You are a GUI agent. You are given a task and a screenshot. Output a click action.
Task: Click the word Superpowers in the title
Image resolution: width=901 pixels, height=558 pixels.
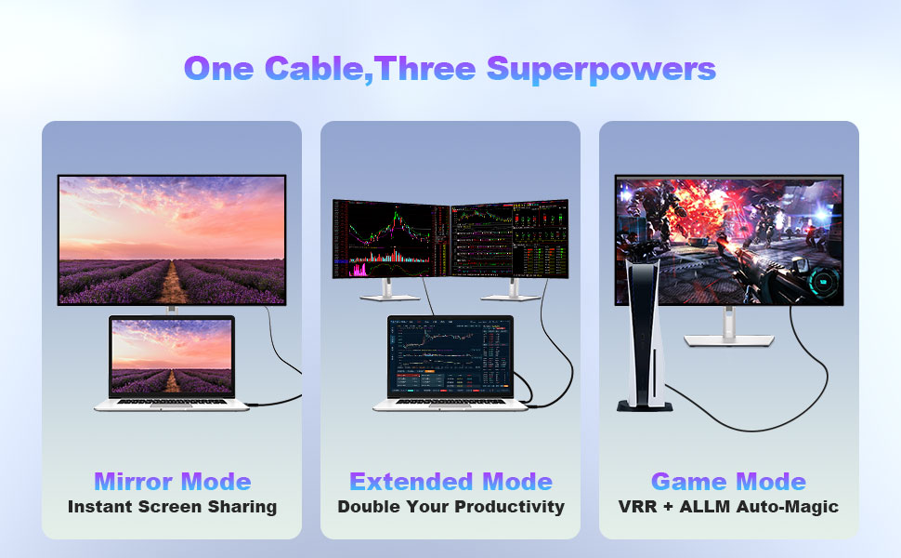pos(601,69)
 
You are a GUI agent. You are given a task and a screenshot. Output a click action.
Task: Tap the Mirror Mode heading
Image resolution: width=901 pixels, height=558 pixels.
pos(172,482)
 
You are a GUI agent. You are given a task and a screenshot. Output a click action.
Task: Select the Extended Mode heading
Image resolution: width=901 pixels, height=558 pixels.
pos(450,482)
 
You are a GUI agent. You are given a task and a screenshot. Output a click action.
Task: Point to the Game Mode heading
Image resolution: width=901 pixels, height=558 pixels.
pos(728,482)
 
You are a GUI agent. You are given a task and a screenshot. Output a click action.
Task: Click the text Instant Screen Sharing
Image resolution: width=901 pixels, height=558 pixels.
pos(172,507)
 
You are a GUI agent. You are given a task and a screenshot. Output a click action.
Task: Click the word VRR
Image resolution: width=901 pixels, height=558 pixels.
pos(638,507)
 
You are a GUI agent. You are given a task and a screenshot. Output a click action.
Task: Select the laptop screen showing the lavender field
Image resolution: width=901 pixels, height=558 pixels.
pos(172,357)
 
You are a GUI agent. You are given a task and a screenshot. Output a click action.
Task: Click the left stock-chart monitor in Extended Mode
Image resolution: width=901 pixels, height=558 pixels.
pos(391,239)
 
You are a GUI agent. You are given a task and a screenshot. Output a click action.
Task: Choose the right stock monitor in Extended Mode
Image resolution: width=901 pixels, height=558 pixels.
pos(509,239)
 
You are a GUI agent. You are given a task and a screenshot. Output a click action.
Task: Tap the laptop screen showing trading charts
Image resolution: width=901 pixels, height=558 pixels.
pos(450,357)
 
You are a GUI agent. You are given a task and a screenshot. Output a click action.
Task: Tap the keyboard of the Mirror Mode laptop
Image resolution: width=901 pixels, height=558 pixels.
pos(172,402)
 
